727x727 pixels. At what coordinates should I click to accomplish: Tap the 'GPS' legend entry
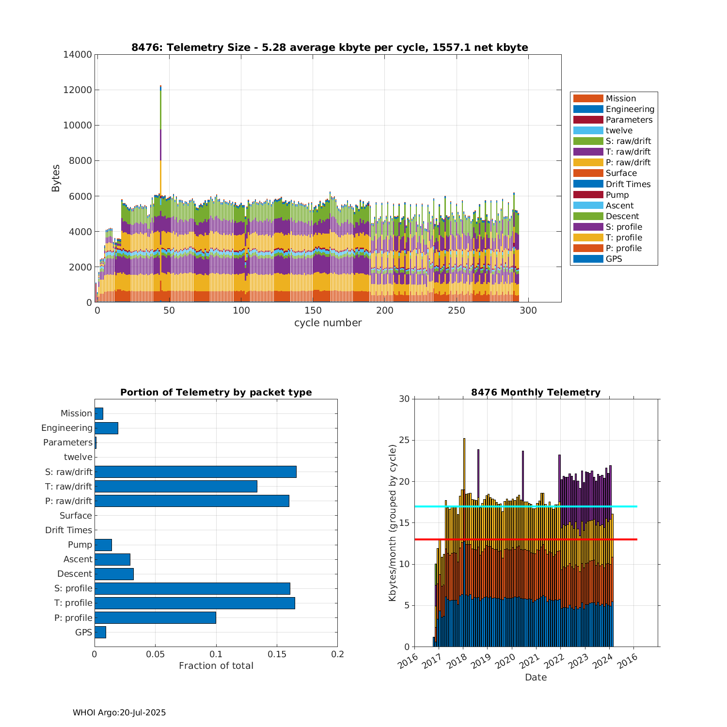tap(614, 259)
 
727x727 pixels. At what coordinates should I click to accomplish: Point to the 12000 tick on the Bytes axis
tap(78, 90)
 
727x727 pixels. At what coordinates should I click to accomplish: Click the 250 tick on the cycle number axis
tap(457, 311)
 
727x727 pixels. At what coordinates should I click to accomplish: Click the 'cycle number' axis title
tap(328, 323)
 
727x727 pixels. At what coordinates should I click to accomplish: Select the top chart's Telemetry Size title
tap(330, 47)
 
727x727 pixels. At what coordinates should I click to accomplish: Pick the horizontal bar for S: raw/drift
tap(195, 472)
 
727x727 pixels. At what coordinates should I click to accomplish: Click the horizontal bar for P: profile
tap(155, 617)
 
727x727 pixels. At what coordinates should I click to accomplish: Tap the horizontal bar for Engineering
tap(106, 428)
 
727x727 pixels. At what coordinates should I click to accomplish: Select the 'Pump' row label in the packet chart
tap(79, 545)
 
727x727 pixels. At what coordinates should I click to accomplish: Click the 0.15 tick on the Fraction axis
tap(277, 654)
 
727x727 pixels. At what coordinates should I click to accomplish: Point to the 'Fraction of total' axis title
tap(216, 666)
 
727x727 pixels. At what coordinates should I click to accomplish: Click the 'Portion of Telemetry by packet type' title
tap(216, 393)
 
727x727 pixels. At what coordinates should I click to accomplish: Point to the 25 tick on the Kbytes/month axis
tap(404, 441)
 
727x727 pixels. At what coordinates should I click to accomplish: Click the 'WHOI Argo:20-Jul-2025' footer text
tap(119, 712)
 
